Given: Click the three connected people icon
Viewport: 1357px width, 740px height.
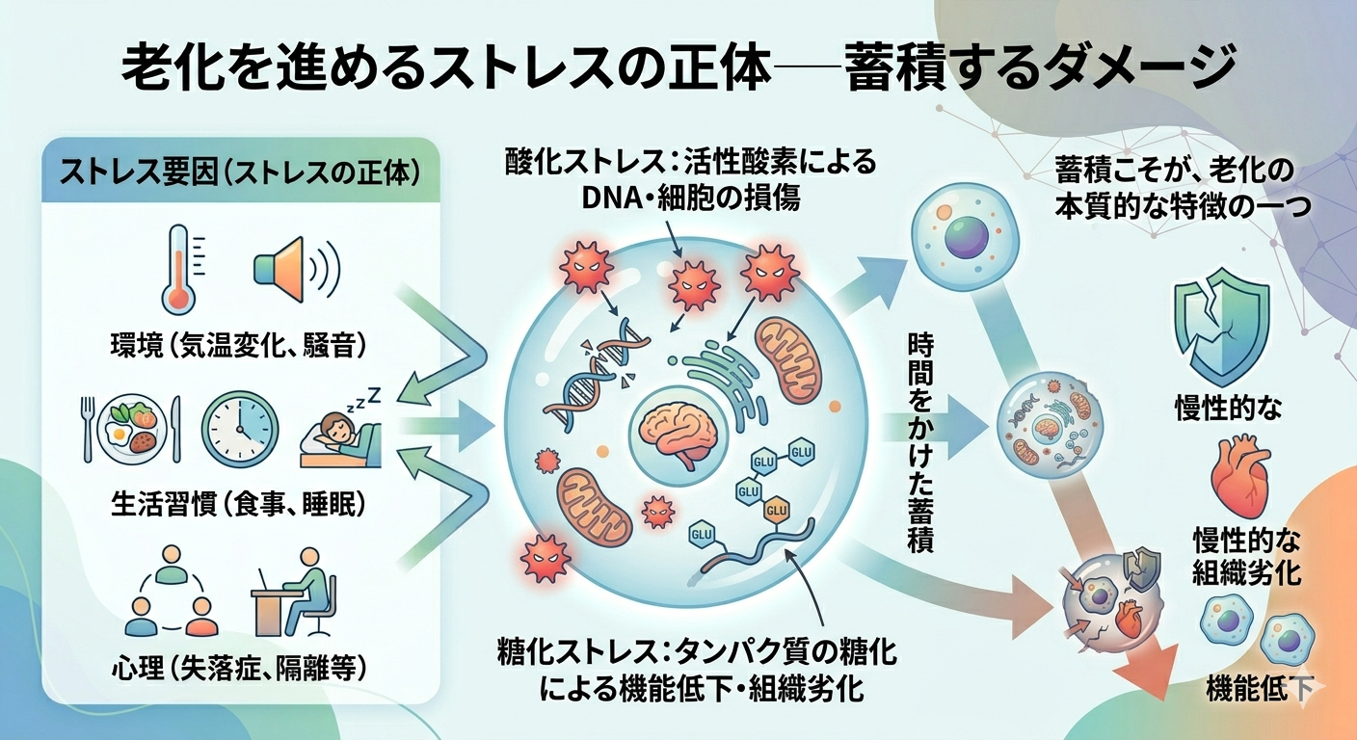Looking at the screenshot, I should [x=172, y=592].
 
